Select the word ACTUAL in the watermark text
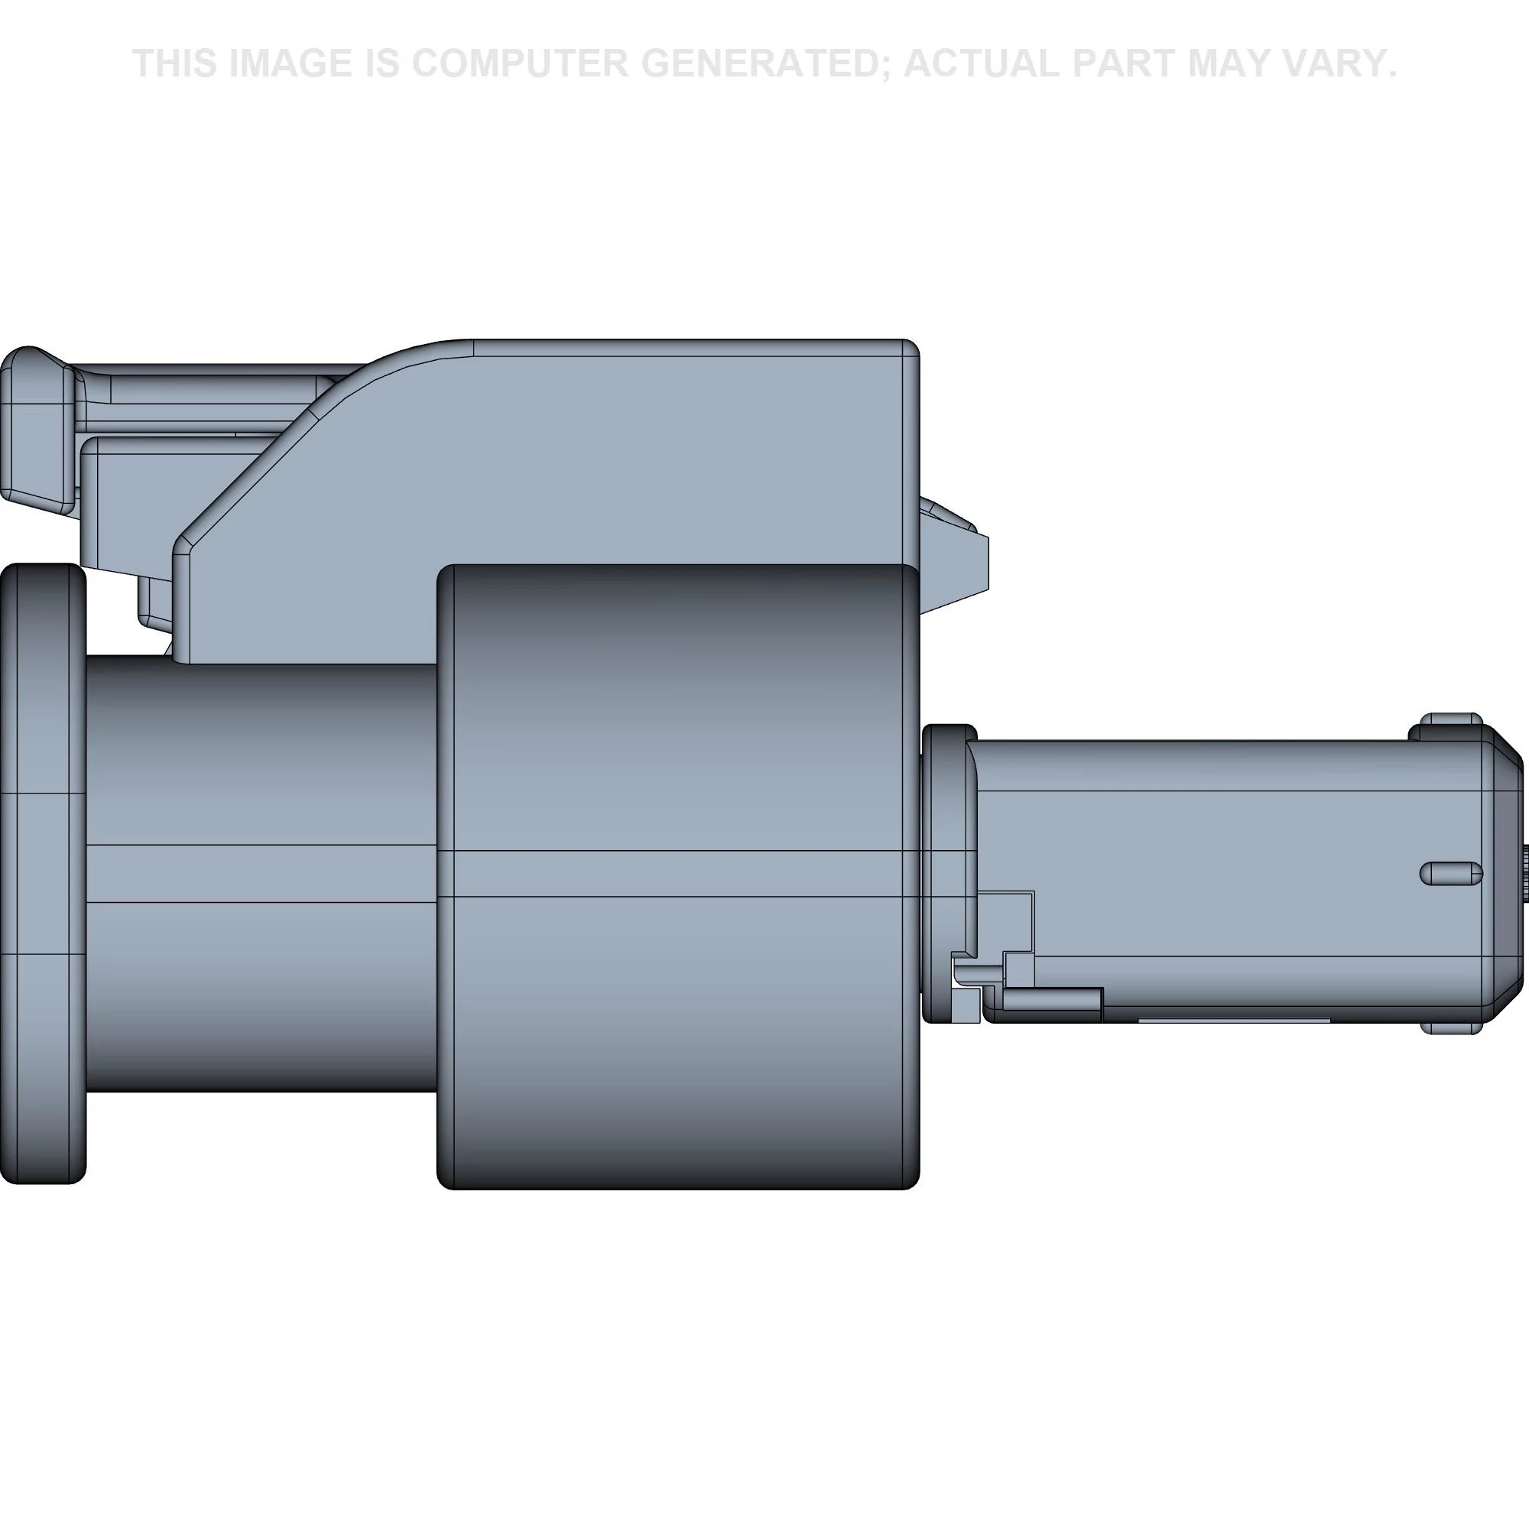pyautogui.click(x=982, y=63)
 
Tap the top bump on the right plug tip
pyautogui.click(x=1449, y=719)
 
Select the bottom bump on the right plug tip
pyautogui.click(x=1449, y=1028)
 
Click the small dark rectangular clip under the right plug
pyautogui.click(x=1053, y=1000)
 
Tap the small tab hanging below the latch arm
pyautogui.click(x=154, y=602)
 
